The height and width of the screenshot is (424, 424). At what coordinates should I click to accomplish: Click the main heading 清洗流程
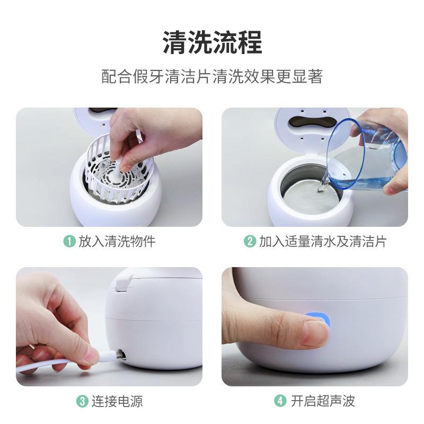click(x=213, y=42)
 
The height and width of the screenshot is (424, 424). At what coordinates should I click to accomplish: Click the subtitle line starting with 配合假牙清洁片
click(x=213, y=76)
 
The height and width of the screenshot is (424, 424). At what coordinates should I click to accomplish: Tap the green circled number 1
click(x=69, y=241)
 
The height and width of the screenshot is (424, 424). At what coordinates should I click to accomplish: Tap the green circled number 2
click(x=250, y=241)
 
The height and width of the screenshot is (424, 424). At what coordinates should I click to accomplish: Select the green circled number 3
click(x=83, y=401)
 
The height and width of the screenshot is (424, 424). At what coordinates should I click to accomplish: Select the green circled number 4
click(x=280, y=401)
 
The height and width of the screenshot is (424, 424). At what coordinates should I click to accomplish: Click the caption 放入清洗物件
click(x=117, y=241)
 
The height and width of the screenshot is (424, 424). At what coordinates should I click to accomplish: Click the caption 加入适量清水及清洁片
click(x=323, y=241)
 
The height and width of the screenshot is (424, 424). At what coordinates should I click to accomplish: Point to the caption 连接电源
click(x=117, y=401)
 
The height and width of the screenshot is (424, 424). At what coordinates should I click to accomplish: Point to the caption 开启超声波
click(x=323, y=401)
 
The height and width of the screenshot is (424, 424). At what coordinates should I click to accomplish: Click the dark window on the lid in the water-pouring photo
click(x=311, y=122)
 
